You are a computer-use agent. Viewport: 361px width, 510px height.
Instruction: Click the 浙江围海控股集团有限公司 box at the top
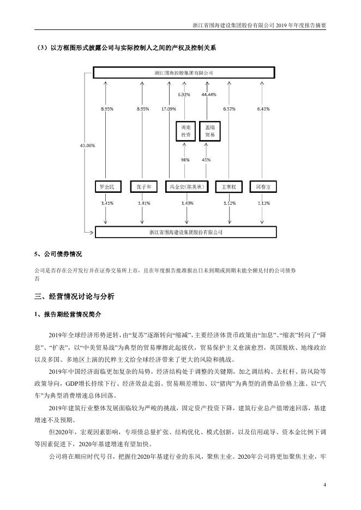(183, 72)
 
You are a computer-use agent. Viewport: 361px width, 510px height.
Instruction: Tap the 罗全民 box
(106, 187)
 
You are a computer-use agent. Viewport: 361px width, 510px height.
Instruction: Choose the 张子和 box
(143, 187)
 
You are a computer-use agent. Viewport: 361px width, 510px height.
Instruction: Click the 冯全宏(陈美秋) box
(186, 187)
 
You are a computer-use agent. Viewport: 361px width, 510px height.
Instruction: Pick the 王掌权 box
(230, 187)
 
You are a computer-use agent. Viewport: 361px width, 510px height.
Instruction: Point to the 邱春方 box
(263, 187)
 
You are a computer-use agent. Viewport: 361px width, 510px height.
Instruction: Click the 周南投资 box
(185, 131)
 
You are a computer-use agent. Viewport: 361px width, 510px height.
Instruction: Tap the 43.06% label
(87, 145)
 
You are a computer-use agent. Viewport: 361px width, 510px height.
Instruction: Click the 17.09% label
(169, 109)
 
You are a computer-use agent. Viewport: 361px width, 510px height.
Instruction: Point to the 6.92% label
(184, 94)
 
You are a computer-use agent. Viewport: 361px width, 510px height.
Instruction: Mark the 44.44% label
(209, 94)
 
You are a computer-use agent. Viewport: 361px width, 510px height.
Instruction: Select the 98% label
(185, 160)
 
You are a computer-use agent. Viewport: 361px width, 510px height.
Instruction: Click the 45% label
(206, 160)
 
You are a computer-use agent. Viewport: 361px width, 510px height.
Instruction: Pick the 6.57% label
(230, 109)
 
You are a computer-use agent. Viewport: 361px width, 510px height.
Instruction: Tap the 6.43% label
(263, 109)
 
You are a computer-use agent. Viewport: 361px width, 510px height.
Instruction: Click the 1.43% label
(186, 203)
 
